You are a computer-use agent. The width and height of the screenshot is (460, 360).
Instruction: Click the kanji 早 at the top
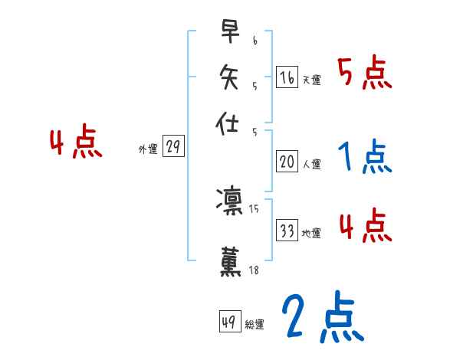click(228, 32)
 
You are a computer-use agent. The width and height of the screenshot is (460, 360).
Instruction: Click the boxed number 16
click(287, 77)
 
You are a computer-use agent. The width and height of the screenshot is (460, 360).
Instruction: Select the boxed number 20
click(287, 162)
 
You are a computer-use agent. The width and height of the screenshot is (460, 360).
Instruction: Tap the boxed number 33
click(287, 231)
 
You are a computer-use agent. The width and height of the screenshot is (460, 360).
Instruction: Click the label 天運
click(311, 80)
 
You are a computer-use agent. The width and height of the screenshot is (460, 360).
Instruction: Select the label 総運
click(255, 325)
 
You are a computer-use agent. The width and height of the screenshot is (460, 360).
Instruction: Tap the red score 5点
click(365, 73)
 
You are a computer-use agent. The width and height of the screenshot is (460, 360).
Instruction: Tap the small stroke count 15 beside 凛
click(255, 208)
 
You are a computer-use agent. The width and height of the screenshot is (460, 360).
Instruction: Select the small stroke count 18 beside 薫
click(255, 270)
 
